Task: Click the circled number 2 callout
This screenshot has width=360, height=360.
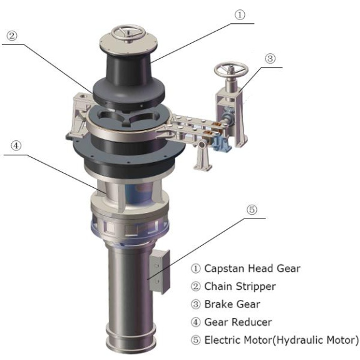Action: [11, 36]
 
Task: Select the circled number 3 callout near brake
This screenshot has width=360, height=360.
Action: [270, 59]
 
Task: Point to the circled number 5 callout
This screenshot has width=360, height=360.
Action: [252, 210]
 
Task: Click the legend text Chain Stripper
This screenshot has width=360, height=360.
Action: [240, 286]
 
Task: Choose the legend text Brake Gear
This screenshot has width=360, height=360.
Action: [234, 304]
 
